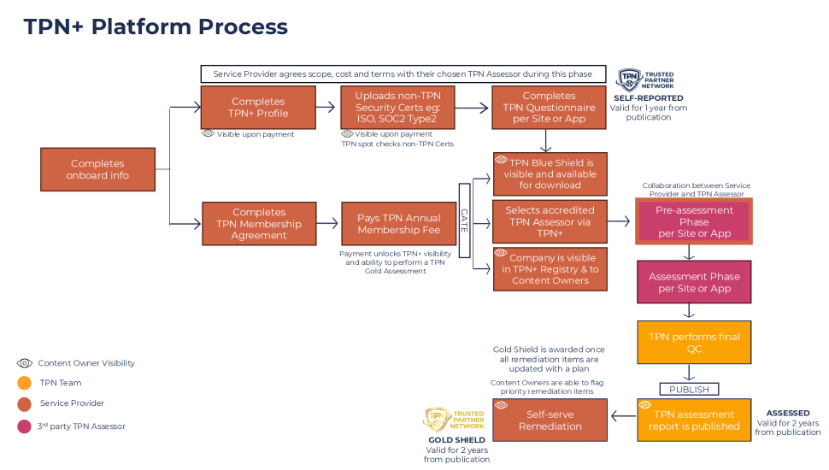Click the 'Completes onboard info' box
(x=97, y=169)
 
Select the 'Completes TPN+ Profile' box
(x=258, y=108)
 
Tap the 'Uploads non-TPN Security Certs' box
(x=397, y=108)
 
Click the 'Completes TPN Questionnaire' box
(x=550, y=108)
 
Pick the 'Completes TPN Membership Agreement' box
(x=258, y=224)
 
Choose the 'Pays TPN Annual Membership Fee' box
(x=397, y=224)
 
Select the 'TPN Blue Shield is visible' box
(x=550, y=173)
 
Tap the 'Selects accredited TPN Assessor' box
(x=550, y=221)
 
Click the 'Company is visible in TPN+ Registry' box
(x=550, y=268)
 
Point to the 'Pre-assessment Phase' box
(x=694, y=221)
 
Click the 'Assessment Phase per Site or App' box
(x=694, y=282)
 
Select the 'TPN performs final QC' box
(x=694, y=342)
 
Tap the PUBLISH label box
(x=689, y=389)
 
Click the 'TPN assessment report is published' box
(x=694, y=420)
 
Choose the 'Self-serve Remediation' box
(x=550, y=420)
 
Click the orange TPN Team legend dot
(x=24, y=383)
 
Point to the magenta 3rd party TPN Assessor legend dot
(x=24, y=426)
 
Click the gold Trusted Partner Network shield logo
(x=438, y=419)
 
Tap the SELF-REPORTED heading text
(x=648, y=98)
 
